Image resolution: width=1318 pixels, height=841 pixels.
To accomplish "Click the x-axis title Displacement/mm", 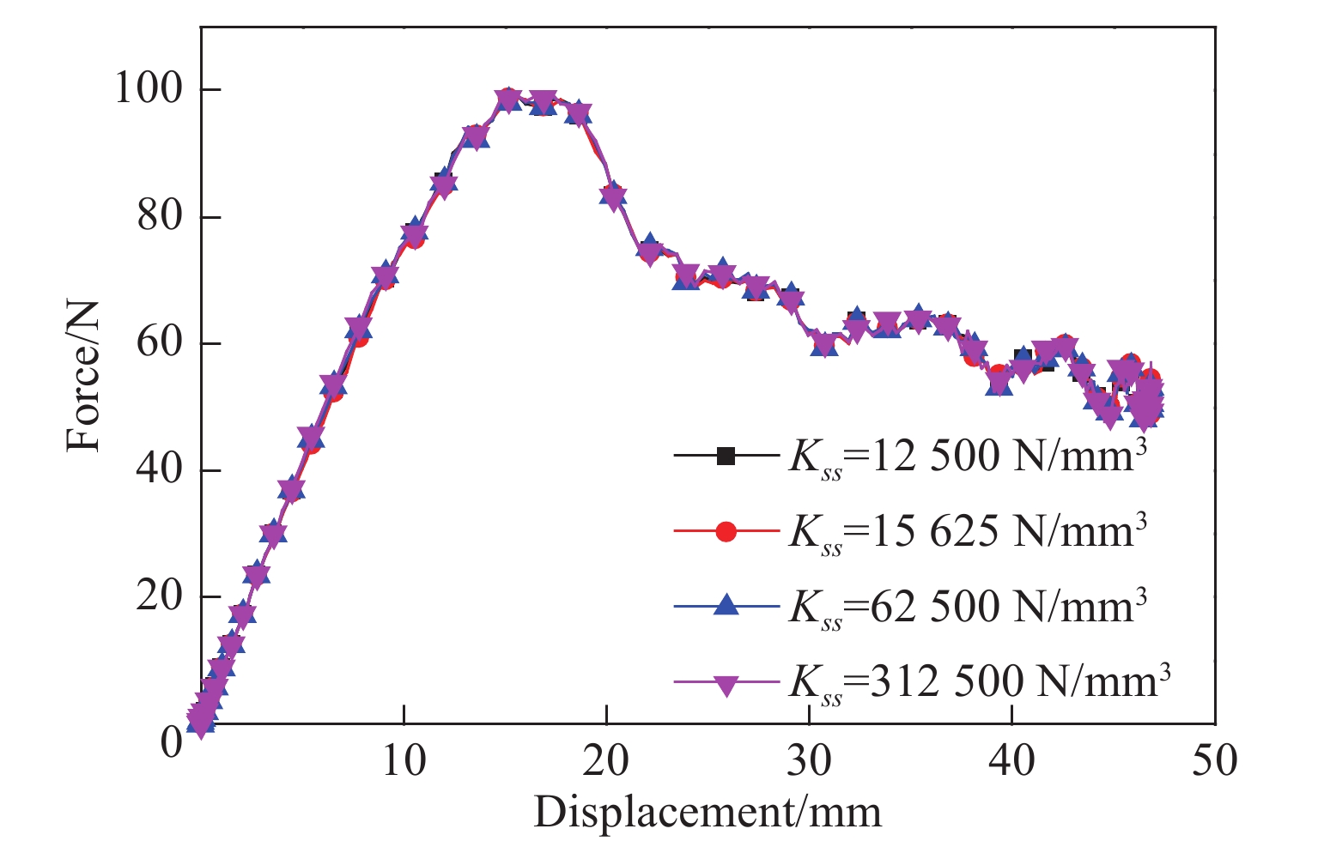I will coord(708,812).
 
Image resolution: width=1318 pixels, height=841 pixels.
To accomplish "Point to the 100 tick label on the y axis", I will coord(148,89).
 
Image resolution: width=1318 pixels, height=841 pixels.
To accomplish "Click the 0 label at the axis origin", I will coord(171,739).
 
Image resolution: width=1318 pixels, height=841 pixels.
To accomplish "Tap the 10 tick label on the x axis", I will coord(403,759).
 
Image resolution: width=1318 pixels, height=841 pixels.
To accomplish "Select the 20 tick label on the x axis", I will coord(606,759).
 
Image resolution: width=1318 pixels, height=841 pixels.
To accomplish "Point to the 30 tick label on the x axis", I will coord(809,759).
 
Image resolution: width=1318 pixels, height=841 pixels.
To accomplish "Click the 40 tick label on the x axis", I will coord(1012,759).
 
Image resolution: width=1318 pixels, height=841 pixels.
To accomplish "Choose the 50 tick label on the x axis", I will coord(1215,759).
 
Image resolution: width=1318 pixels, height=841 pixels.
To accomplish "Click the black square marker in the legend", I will coord(726,457).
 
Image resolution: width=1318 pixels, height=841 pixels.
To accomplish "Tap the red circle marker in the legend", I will coord(726,531).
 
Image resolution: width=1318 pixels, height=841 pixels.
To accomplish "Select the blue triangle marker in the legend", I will coord(726,606).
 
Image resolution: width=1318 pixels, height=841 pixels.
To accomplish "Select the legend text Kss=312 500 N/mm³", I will coord(980,684).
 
